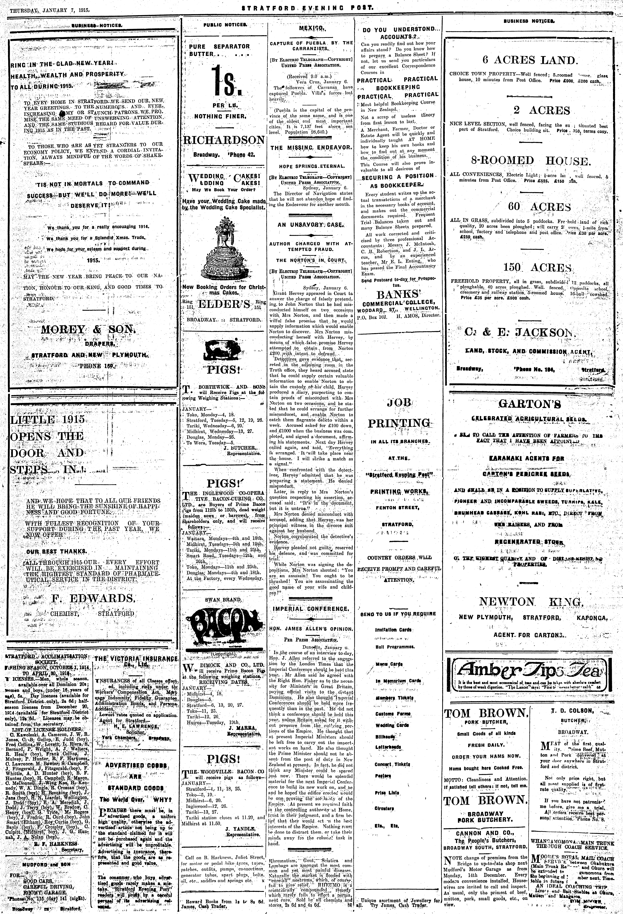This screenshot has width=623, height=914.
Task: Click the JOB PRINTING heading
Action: point(399,413)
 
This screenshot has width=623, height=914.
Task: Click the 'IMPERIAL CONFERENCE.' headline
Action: point(311,609)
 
